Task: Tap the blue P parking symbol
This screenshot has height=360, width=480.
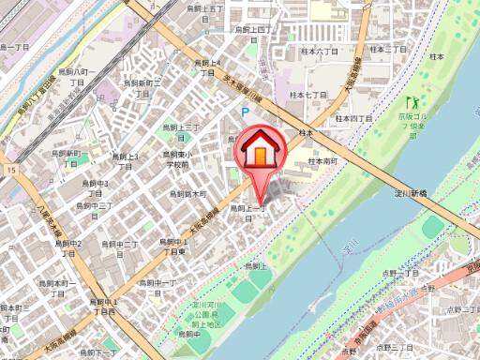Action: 246,112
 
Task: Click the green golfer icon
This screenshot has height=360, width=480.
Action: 410,99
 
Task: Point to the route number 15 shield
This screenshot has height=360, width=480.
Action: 10,171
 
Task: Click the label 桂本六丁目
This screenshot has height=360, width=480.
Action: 320,52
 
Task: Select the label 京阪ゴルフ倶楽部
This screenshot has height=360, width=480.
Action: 411,123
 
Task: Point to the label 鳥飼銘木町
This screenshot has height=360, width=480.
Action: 187,194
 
